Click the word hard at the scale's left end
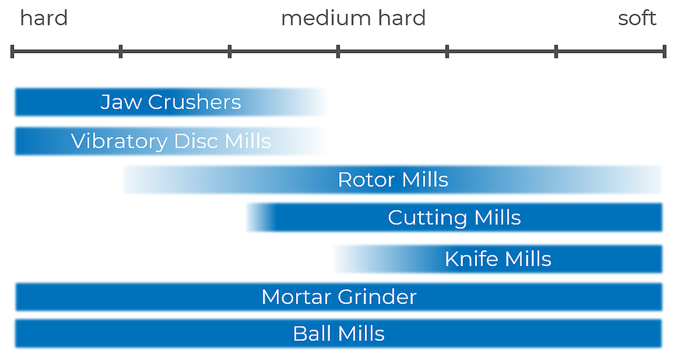[44, 18]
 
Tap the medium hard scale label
[353, 18]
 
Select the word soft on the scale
[637, 18]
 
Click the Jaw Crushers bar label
[171, 102]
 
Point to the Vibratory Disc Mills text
[171, 141]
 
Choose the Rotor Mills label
[393, 180]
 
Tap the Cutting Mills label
[454, 218]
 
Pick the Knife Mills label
[498, 259]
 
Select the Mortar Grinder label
[338, 297]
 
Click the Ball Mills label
[338, 333]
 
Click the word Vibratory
[119, 141]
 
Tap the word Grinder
[380, 297]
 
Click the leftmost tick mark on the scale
[12, 52]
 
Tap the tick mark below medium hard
[338, 52]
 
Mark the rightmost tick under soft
[664, 52]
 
